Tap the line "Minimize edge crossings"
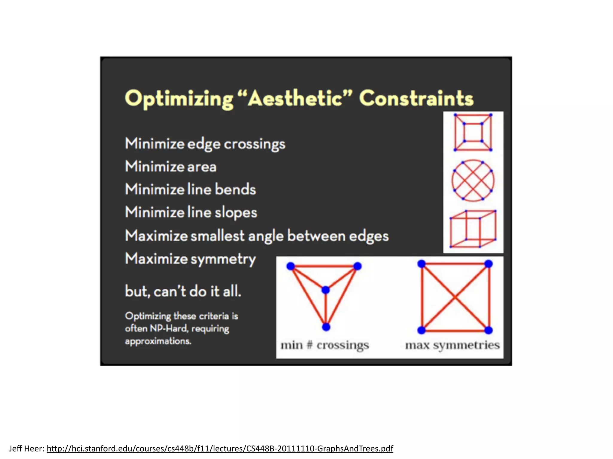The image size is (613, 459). click(205, 144)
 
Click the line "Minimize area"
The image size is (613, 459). click(171, 167)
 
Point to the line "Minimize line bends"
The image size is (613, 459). click(190, 189)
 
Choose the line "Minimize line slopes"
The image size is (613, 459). click(191, 212)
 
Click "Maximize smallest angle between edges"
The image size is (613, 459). click(257, 236)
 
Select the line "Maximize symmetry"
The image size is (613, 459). click(190, 259)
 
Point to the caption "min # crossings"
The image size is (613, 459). click(325, 345)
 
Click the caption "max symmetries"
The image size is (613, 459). click(452, 345)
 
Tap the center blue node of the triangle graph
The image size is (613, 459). click(326, 290)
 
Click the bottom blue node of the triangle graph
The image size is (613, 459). click(326, 327)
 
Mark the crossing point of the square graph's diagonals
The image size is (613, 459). click(455, 297)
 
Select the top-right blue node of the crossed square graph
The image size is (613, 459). click(488, 264)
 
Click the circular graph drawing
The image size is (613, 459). click(473, 180)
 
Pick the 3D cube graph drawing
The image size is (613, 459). click(473, 229)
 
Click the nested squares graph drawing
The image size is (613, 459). click(473, 132)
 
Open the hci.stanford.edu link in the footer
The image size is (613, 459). click(220, 449)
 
